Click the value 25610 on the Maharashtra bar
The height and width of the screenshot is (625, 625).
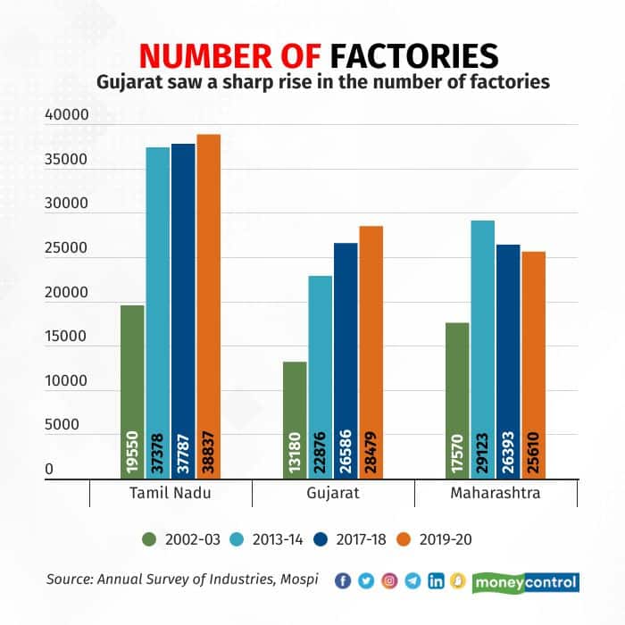pyautogui.click(x=533, y=446)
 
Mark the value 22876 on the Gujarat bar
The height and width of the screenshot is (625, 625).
pyautogui.click(x=321, y=446)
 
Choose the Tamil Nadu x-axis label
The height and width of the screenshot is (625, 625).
pyautogui.click(x=171, y=494)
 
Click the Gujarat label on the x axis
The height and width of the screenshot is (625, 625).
pyautogui.click(x=333, y=494)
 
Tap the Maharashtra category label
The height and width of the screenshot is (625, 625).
pyautogui.click(x=496, y=494)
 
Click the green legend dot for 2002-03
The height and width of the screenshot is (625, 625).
pyautogui.click(x=149, y=538)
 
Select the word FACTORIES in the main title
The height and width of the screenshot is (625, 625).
pyautogui.click(x=414, y=55)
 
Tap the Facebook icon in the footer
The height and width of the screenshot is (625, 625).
pyautogui.click(x=343, y=581)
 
